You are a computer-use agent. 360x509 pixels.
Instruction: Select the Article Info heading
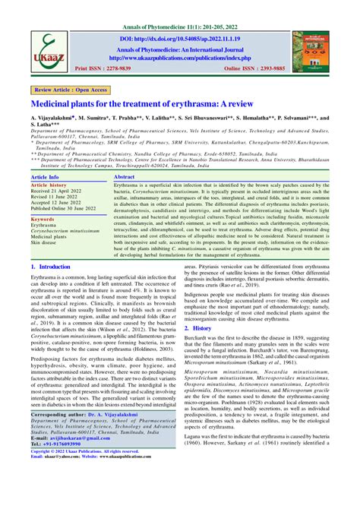tap(45, 175)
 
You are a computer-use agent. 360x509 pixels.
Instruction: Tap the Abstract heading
tap(125, 175)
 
